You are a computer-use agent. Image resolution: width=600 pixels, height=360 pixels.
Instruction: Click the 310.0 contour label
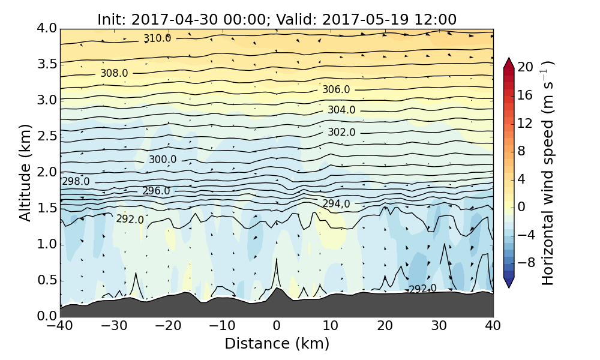pos(157,38)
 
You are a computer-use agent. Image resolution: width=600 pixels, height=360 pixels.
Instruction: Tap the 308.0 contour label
pos(114,73)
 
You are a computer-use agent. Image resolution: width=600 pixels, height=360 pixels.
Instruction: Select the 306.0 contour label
pos(336,89)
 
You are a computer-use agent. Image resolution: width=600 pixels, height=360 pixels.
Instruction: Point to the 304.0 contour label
pos(341,110)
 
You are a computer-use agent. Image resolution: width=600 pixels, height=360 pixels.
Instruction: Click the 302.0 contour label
pos(341,132)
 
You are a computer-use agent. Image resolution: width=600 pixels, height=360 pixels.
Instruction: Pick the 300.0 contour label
pos(163,160)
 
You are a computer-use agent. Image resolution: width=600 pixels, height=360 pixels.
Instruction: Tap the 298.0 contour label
pos(76,181)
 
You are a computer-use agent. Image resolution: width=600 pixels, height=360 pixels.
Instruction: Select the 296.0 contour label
pos(156,191)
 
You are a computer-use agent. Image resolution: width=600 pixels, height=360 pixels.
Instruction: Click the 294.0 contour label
pos(336,204)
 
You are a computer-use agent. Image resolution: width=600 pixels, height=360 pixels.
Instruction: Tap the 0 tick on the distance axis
pos(277,326)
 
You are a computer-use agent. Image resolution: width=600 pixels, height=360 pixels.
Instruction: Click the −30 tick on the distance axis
pos(114,326)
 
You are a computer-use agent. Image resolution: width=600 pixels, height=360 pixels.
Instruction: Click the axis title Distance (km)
pos(277,344)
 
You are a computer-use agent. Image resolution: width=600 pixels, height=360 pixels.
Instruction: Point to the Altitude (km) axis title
pos(25,172)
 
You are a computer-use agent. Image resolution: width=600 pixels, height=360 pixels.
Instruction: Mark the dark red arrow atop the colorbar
pos(509,62)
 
